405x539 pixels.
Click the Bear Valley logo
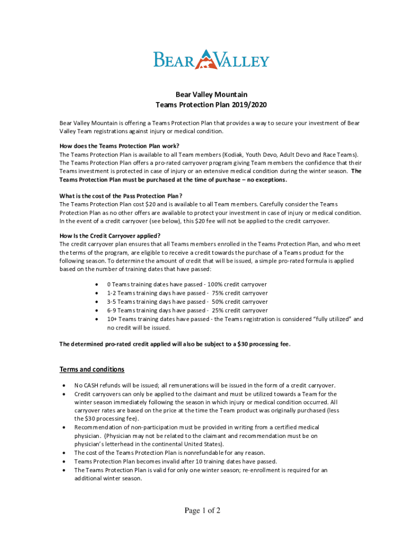[x=211, y=59]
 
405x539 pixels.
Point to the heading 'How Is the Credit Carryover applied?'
[x=110, y=236]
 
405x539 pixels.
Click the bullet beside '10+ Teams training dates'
[x=96, y=320]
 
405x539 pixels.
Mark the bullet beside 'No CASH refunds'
[x=64, y=385]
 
